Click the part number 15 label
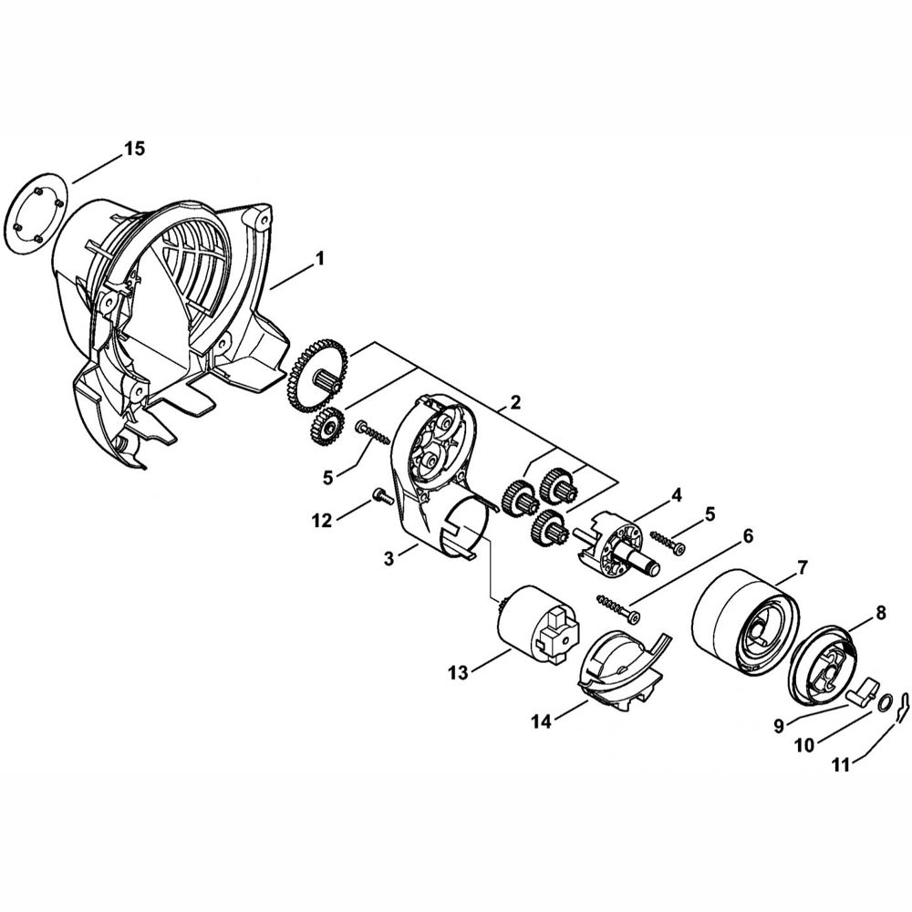coord(133,150)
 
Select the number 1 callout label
coord(320,260)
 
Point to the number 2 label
coord(515,402)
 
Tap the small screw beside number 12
coord(380,498)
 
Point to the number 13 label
coord(458,673)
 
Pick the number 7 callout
coord(802,567)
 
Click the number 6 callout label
coord(747,536)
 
